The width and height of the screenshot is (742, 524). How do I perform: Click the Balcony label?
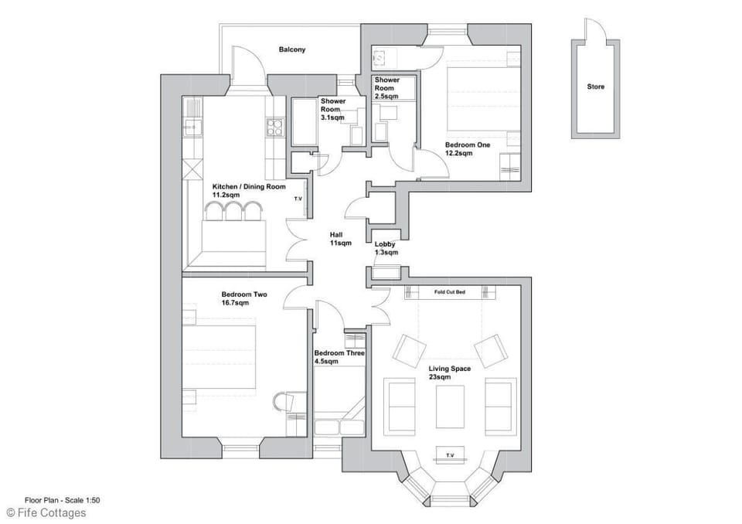pos(292,49)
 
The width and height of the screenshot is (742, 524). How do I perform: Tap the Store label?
pos(595,87)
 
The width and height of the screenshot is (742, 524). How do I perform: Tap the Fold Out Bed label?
pos(449,292)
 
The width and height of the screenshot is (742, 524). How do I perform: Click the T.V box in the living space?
pos(449,454)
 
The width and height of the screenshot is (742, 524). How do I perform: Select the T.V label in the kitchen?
pos(298,199)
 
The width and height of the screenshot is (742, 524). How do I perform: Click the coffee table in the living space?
pos(450,406)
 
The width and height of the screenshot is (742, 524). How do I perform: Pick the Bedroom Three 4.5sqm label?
pos(339,356)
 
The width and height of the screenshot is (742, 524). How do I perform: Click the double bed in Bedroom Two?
pos(220,356)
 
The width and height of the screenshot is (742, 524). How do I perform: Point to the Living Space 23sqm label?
pos(450,373)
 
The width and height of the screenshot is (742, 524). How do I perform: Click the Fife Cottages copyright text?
pos(46,512)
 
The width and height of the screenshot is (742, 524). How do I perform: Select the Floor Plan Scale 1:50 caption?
pos(62,500)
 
